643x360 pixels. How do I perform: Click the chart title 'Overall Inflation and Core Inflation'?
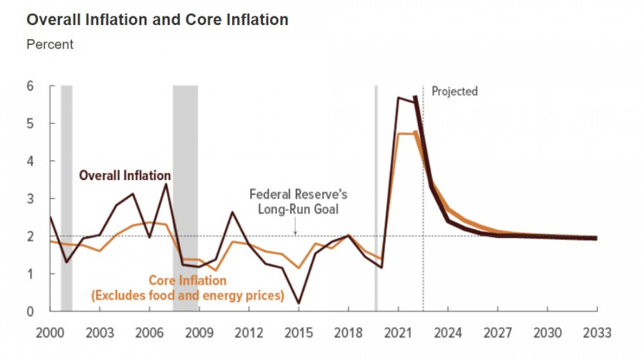[x=157, y=20]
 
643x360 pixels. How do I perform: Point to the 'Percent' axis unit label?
[x=50, y=44]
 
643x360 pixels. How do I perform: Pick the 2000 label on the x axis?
[x=50, y=332]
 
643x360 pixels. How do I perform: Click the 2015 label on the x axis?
[x=298, y=332]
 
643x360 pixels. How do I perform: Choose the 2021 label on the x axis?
[x=397, y=332]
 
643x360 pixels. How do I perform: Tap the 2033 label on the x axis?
[x=596, y=332]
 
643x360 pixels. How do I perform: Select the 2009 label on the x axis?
[x=199, y=332]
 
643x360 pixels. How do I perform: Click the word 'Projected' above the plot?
[x=455, y=91]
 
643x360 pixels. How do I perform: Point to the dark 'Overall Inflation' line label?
[x=125, y=175]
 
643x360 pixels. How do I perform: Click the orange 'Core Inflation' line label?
[x=187, y=281]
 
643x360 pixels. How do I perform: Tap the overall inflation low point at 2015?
[x=298, y=304]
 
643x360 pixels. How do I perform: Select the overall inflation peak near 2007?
[x=166, y=184]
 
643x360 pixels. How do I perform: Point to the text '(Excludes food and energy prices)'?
[x=187, y=296]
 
